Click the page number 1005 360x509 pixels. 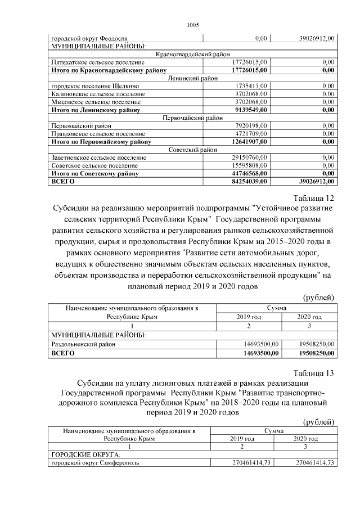coord(192,25)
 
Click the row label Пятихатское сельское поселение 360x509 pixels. coord(95,62)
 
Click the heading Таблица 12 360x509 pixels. coord(314,198)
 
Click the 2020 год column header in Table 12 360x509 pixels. coord(309,317)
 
